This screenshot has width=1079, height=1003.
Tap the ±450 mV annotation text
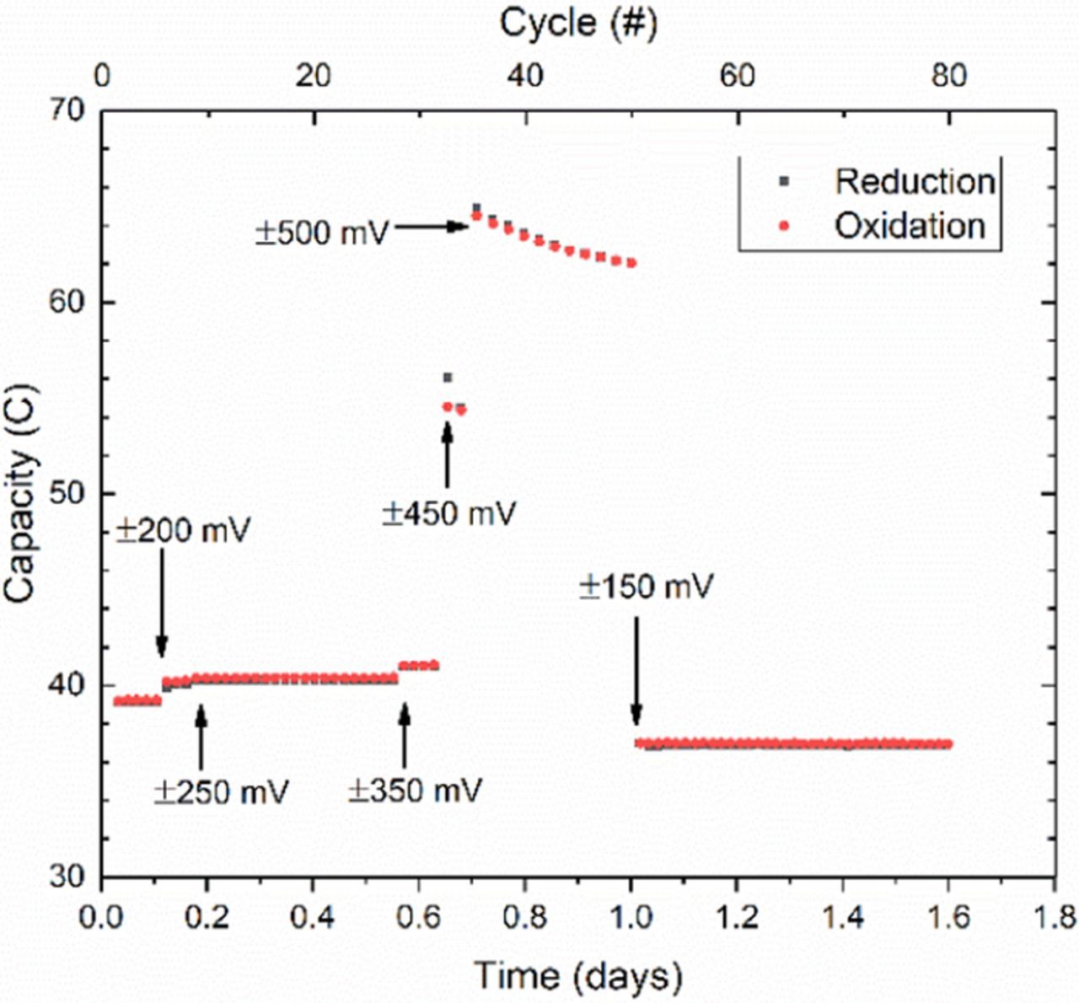448,513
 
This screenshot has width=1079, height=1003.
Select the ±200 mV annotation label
183,531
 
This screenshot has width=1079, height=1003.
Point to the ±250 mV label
222,792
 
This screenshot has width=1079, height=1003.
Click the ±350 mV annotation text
415,791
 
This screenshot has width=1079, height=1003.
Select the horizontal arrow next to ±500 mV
431,226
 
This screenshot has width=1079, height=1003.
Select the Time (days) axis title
577,976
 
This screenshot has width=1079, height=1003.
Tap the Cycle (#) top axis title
578,23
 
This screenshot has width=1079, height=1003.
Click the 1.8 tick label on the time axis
1055,916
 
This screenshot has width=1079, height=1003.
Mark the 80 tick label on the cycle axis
949,76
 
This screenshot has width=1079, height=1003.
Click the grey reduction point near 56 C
448,378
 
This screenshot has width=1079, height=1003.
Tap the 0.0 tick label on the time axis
101,916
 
